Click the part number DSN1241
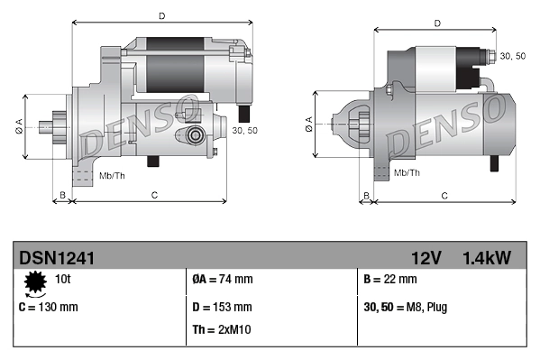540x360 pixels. click(57, 258)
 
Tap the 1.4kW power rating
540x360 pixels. click(487, 258)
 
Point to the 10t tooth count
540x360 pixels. click(64, 279)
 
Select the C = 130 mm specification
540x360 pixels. click(49, 307)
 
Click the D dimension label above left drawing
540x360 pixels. click(160, 15)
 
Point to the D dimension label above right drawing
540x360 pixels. click(436, 23)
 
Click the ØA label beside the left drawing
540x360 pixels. click(19, 126)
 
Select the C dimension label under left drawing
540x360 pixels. click(154, 194)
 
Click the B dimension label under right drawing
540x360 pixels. click(365, 195)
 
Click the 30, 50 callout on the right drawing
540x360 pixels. click(513, 56)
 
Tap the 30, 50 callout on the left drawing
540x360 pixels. click(245, 131)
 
